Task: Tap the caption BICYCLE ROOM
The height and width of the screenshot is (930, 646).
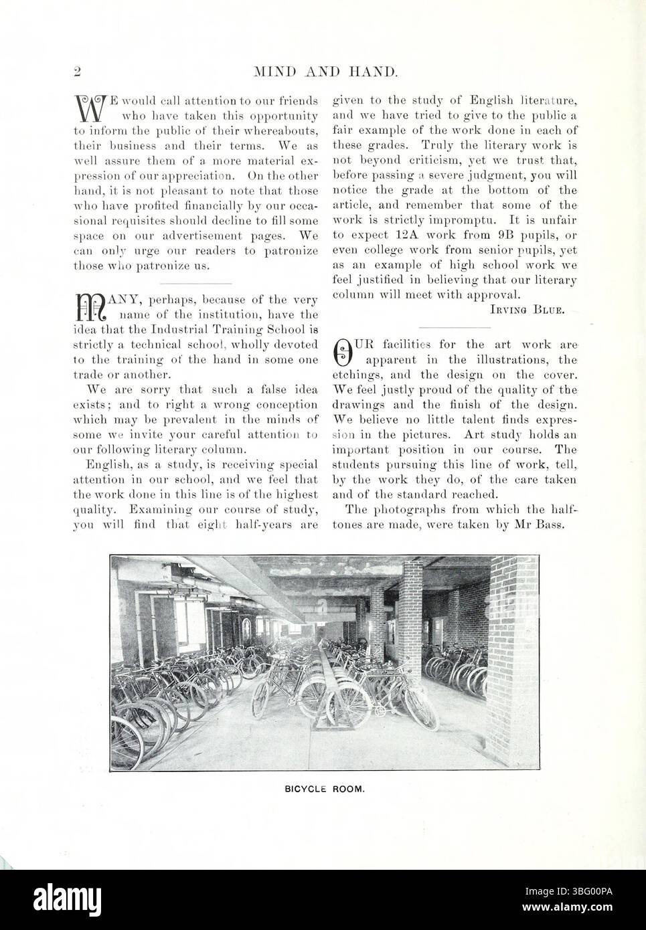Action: (323, 789)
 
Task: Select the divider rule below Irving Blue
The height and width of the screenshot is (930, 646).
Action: (454, 327)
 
